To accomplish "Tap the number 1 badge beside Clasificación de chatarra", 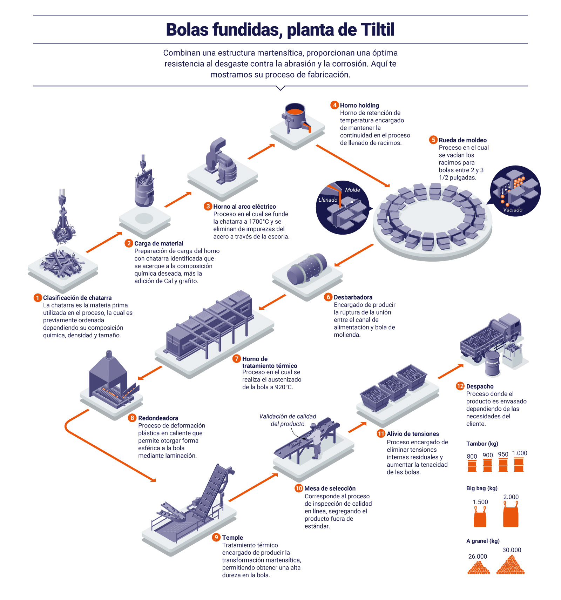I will pos(38,298).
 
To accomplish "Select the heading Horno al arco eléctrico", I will pos(244,207).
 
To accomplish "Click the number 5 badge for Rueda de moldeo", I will pos(433,140).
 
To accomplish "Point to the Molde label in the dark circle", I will pos(352,190).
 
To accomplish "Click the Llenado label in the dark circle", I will pos(328,200).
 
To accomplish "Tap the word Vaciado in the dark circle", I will pos(513,210).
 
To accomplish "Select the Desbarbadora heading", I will pos(353,297).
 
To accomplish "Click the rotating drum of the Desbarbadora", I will pos(307,269).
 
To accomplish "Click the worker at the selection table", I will pos(316,440).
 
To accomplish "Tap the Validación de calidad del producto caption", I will pos(288,420).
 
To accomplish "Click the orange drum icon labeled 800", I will pos(472,466).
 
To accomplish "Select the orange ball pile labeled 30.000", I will pos(511,565).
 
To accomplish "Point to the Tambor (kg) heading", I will pos(482,444).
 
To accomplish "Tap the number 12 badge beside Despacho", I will pos(460,386).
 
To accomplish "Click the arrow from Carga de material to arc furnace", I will pos(178,200).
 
